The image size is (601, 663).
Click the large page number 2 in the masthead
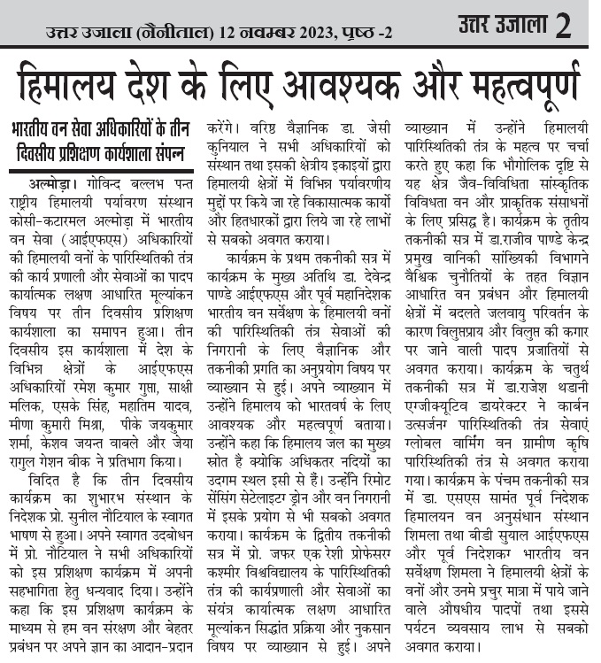[x=563, y=27]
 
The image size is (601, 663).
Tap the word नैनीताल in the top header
[x=180, y=35]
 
